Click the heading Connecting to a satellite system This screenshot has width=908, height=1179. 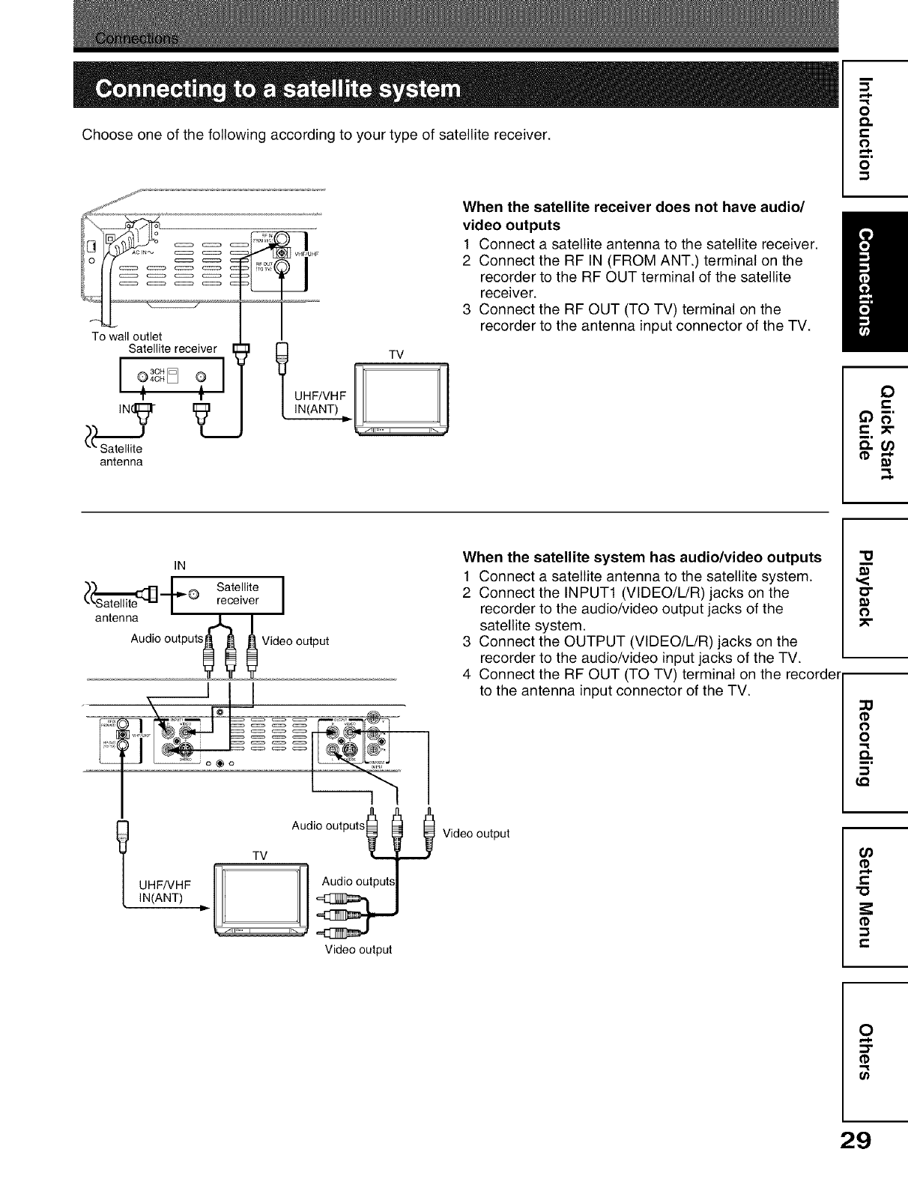277,91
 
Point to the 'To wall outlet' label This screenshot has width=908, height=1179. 127,336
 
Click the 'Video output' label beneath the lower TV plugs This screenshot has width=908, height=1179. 358,950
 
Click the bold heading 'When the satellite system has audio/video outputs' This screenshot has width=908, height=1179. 643,557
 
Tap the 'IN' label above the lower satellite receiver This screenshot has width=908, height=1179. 180,564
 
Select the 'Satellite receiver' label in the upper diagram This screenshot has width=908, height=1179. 173,348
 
